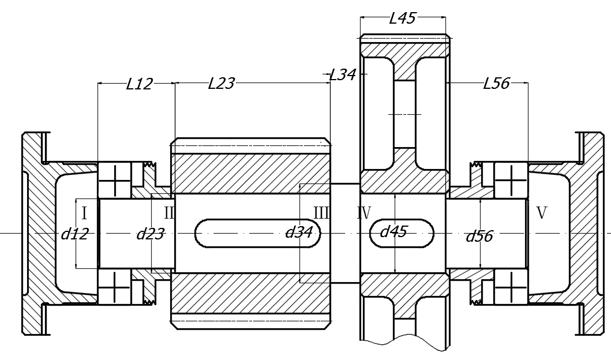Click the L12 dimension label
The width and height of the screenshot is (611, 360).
coord(139,84)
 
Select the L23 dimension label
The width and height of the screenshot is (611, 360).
coord(221,84)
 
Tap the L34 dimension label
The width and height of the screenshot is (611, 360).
coord(343,74)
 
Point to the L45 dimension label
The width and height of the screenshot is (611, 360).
coord(402,18)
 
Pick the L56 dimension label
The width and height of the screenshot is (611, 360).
coord(496,84)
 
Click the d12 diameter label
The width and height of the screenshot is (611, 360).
coord(74,234)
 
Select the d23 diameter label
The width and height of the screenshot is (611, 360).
coord(150,234)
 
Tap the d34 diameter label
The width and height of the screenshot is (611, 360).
coord(299,232)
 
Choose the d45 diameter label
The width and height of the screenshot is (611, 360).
coord(393,231)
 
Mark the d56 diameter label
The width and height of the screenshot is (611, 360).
coord(479,235)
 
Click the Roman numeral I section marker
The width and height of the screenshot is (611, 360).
coord(84,213)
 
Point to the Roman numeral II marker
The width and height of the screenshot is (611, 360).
coord(168,213)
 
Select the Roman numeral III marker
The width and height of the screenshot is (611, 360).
coord(321,213)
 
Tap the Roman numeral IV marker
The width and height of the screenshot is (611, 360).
coord(363,213)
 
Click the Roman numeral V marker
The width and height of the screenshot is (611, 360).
coord(541,213)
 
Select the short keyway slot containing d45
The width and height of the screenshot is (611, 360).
coord(402,234)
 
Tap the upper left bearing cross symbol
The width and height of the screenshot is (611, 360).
coord(114,181)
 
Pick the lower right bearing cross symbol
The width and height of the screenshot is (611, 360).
coord(511,286)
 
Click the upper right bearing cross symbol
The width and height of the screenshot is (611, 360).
coord(511,181)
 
